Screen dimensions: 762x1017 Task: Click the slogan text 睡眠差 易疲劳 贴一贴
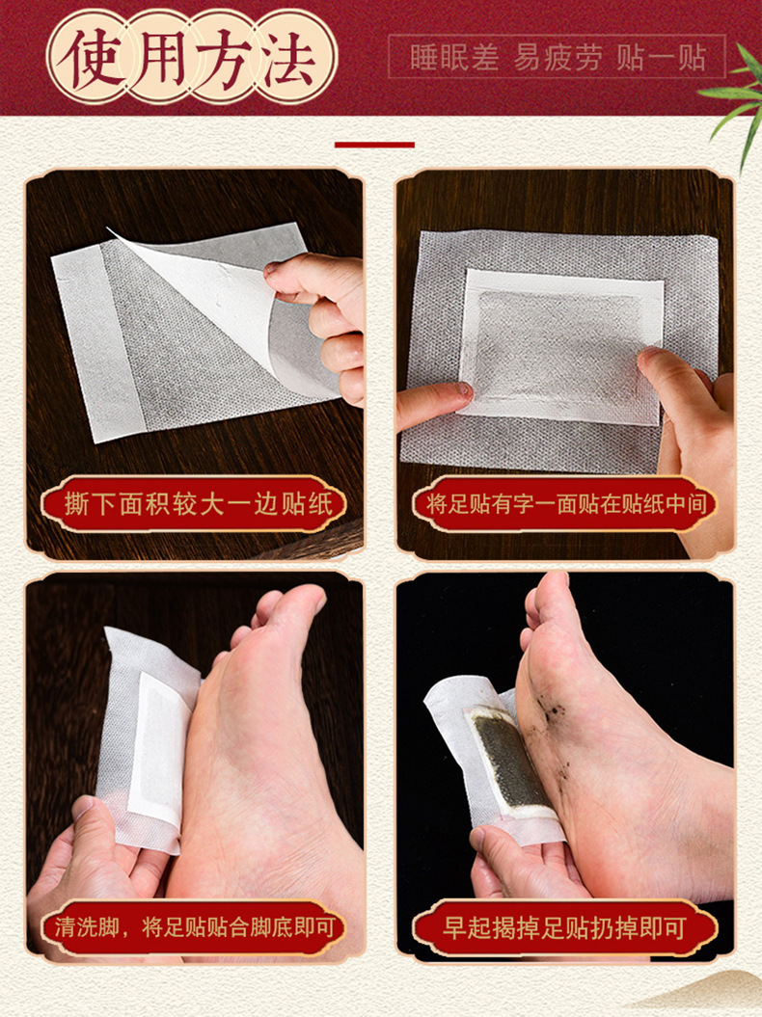click(x=558, y=57)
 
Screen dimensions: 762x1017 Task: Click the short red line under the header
click(x=374, y=145)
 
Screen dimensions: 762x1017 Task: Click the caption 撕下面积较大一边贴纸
click(x=198, y=504)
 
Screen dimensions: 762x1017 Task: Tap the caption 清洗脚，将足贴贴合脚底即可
click(x=195, y=926)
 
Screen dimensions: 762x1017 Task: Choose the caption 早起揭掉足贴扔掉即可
click(x=564, y=927)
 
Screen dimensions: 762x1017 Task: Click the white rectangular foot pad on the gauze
click(x=561, y=347)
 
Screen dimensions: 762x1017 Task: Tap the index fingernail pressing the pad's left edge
click(x=463, y=389)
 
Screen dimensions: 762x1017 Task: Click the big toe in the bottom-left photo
click(x=300, y=606)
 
